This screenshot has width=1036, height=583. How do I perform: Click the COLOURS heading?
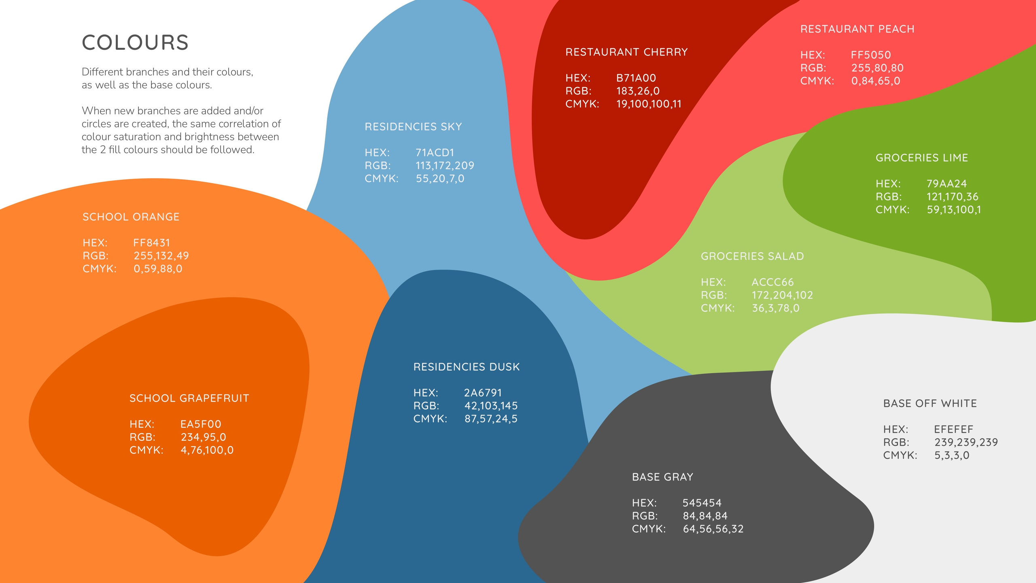click(x=135, y=43)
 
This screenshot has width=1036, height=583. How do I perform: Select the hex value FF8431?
click(x=152, y=243)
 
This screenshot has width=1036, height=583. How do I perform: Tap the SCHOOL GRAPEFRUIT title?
click(x=189, y=398)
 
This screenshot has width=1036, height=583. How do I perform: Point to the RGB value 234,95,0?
click(x=203, y=437)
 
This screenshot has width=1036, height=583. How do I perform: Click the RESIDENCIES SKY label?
click(x=413, y=127)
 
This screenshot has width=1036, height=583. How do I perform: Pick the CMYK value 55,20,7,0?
click(x=440, y=179)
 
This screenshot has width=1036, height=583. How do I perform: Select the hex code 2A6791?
click(x=483, y=393)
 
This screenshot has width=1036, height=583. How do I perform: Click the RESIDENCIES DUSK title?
click(x=466, y=367)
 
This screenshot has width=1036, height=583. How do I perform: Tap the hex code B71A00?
click(x=636, y=78)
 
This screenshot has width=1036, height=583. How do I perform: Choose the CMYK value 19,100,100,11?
click(x=649, y=104)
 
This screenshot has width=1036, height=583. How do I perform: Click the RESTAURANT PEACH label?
click(x=857, y=29)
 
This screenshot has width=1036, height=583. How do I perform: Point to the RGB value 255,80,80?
click(x=877, y=68)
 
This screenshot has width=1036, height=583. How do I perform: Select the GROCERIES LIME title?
click(x=921, y=158)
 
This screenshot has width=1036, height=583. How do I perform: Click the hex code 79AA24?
click(x=947, y=184)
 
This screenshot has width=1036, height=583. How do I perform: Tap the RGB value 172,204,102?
click(x=782, y=295)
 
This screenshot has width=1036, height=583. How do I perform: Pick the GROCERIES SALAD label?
click(x=752, y=256)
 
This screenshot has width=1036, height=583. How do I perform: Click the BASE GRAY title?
click(x=662, y=477)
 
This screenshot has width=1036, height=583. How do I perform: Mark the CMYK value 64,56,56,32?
click(x=713, y=529)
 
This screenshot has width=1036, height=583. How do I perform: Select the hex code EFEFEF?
click(x=953, y=429)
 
